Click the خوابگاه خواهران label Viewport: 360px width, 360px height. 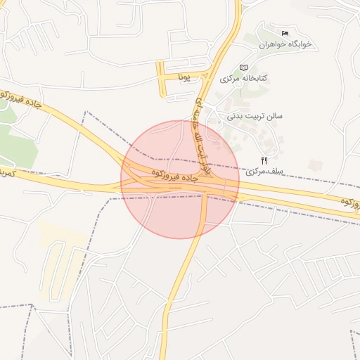[x=285, y=44]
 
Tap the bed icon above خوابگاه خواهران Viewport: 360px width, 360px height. [x=285, y=33]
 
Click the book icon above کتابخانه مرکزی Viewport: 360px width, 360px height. [x=243, y=67]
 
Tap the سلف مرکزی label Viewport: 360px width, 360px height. [x=262, y=172]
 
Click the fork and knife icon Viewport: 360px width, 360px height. [x=264, y=160]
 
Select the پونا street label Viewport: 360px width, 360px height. [x=185, y=74]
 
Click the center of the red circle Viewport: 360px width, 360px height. [x=180, y=179]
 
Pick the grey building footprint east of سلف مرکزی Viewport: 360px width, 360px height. [x=316, y=165]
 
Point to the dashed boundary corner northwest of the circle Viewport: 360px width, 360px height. [x=86, y=112]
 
